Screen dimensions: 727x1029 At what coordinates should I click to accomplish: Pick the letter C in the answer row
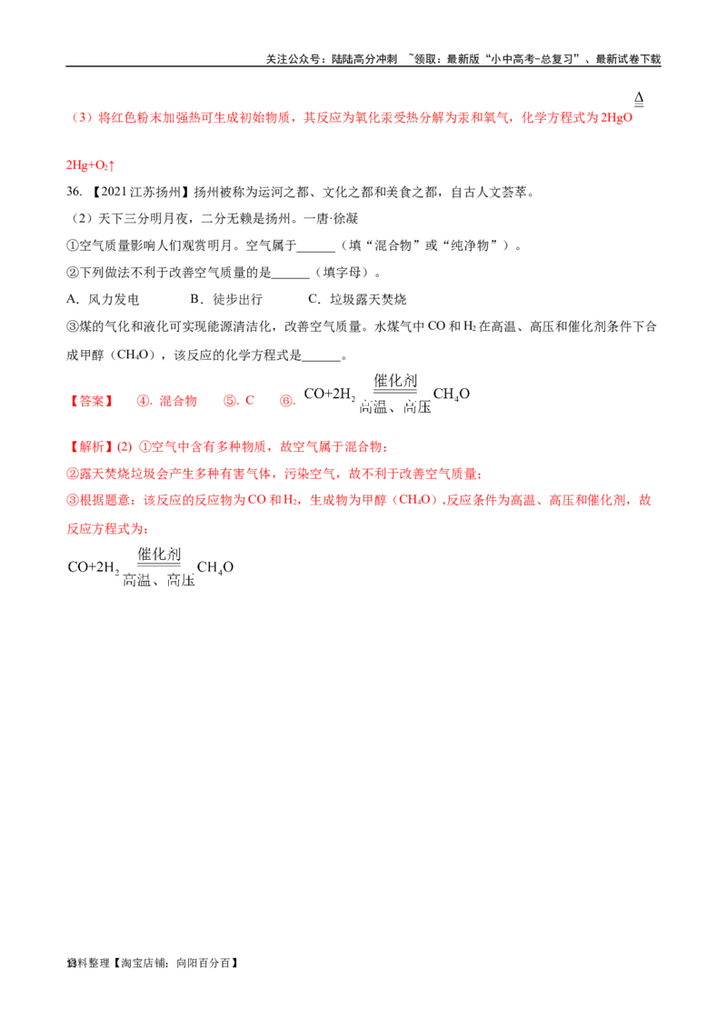[247, 400]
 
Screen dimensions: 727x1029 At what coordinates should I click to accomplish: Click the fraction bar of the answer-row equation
[394, 390]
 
